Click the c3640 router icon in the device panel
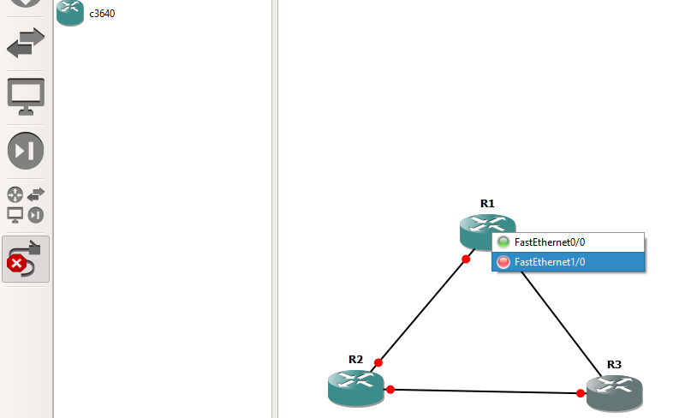tap(69, 12)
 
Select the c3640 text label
tap(102, 13)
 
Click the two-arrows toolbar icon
tap(26, 43)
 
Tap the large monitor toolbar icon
tap(26, 96)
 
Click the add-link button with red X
tap(26, 260)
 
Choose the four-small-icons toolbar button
tap(26, 205)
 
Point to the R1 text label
tap(487, 204)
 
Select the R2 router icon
tap(355, 386)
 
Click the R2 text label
tap(356, 359)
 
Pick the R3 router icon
tap(614, 392)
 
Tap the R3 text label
tap(614, 364)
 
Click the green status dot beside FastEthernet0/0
tap(503, 242)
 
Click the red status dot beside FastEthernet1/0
tap(503, 262)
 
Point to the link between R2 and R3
tap(484, 391)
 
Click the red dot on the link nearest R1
tap(466, 259)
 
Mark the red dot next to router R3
tap(581, 394)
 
